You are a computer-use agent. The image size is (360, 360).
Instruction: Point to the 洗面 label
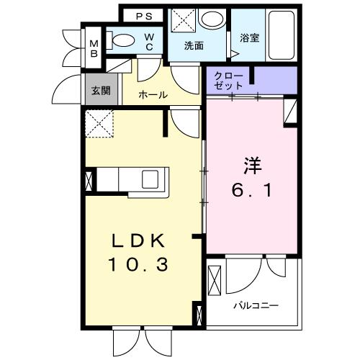pos(194,45)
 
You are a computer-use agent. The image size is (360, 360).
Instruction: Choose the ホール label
pos(153,95)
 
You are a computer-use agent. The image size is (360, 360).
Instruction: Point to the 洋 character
pos(251,164)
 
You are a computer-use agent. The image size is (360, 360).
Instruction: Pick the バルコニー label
pos(255,305)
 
